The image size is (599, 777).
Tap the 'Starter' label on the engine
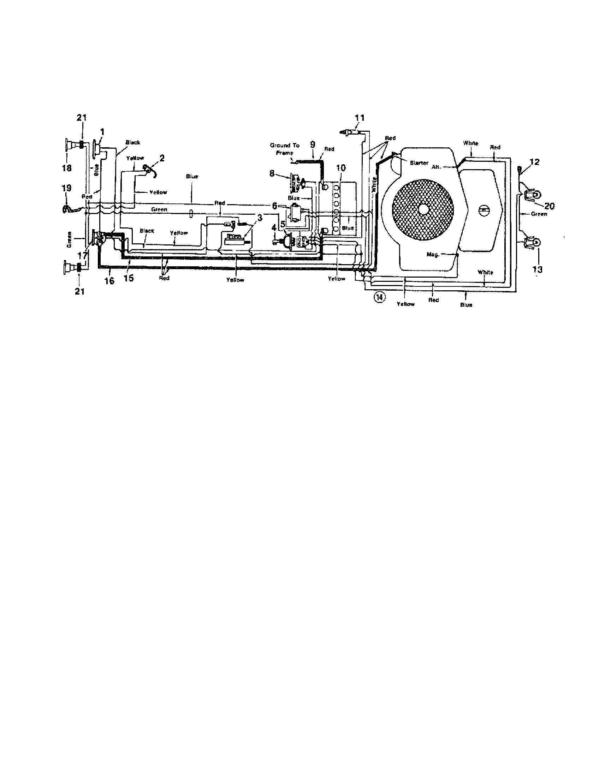pyautogui.click(x=419, y=163)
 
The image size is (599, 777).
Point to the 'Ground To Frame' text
pyautogui.click(x=284, y=149)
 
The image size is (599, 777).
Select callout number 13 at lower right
pyautogui.click(x=538, y=269)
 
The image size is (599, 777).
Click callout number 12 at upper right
pyautogui.click(x=534, y=162)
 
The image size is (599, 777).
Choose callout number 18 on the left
pyautogui.click(x=67, y=167)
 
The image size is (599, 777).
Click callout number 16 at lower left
pyautogui.click(x=109, y=280)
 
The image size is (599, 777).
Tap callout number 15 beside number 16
pyautogui.click(x=129, y=278)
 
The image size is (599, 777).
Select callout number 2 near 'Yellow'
pyautogui.click(x=162, y=158)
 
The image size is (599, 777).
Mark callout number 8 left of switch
pyautogui.click(x=272, y=173)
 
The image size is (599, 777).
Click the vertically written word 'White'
pyautogui.click(x=373, y=185)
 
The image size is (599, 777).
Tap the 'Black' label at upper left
pyautogui.click(x=133, y=143)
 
